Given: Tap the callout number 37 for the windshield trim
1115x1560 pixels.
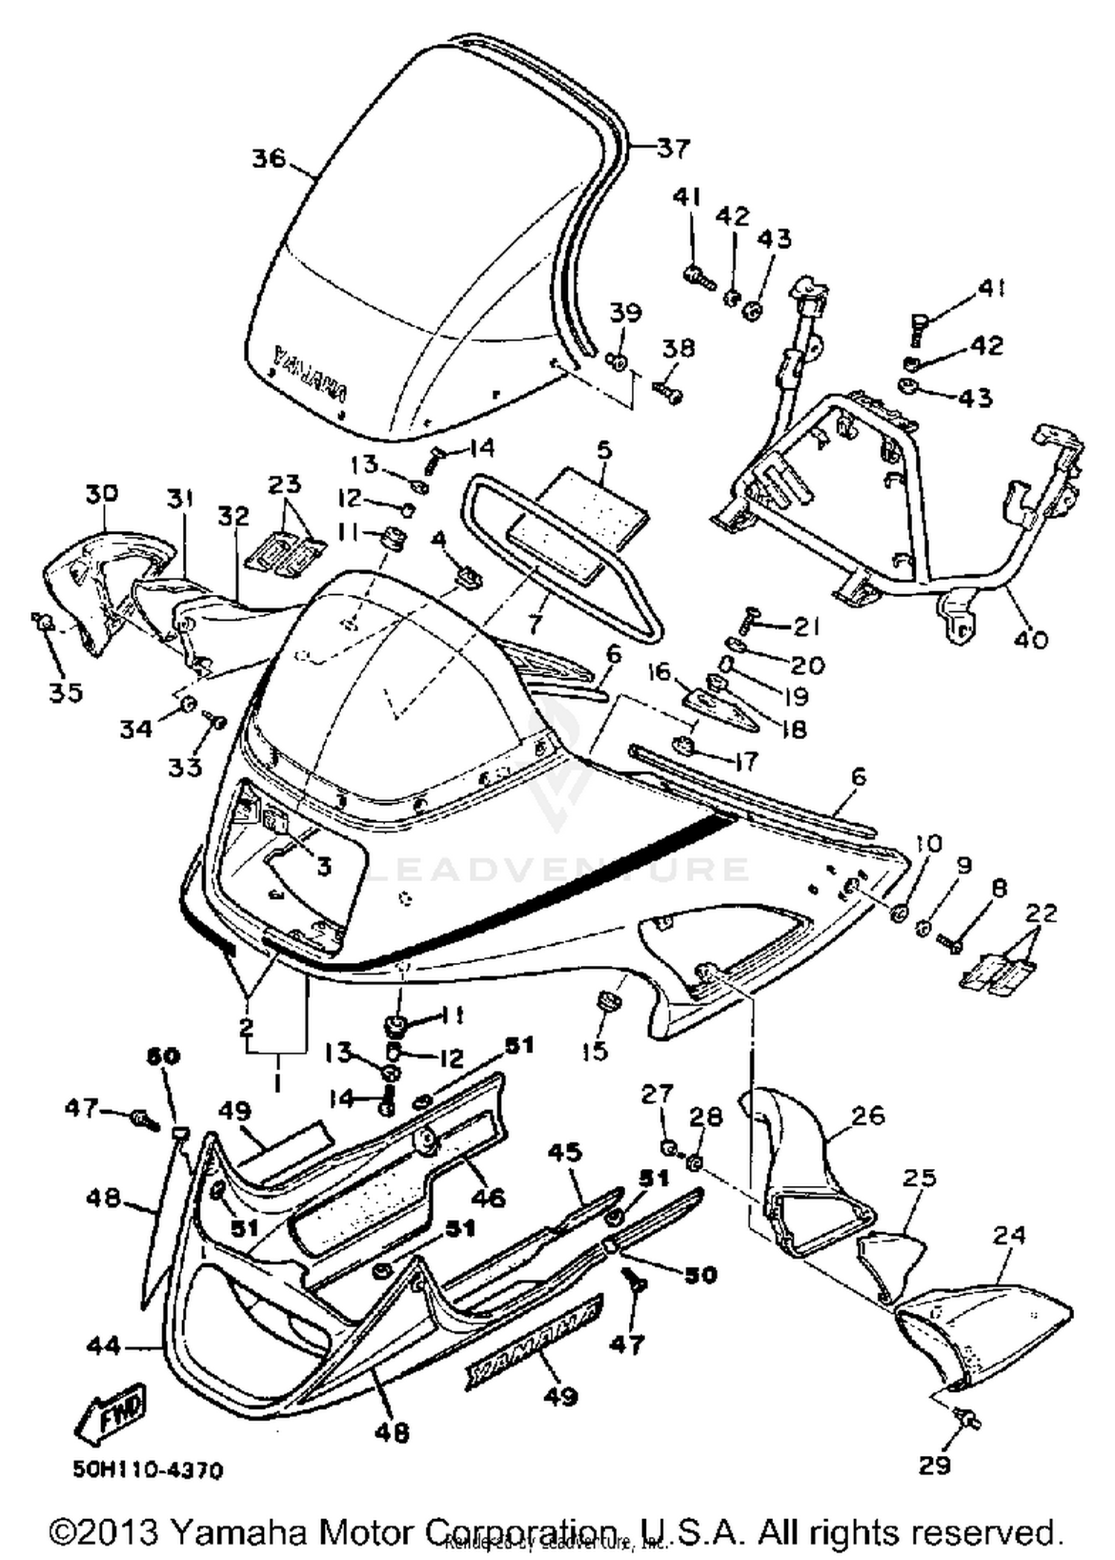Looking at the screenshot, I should (673, 148).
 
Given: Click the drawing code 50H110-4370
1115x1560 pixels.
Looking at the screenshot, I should (148, 1471).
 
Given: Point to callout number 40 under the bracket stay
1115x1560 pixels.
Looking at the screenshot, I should (1031, 638).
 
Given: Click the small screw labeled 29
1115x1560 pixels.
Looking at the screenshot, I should (968, 1421).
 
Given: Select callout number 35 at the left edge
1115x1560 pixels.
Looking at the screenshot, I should (65, 693).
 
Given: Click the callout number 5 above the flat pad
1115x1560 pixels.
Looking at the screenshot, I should (604, 450).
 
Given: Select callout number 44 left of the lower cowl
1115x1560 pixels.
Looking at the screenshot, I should (103, 1346).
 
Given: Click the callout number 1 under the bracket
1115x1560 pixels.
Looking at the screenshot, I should (277, 1086).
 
